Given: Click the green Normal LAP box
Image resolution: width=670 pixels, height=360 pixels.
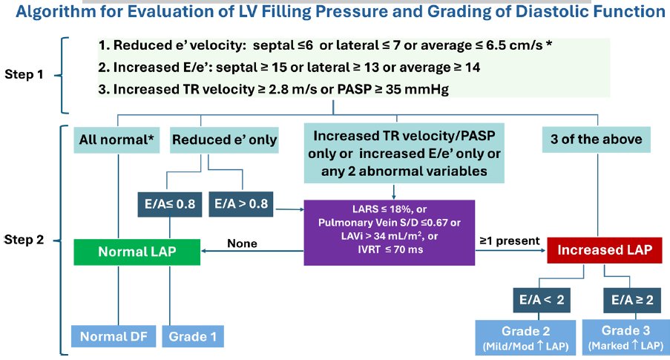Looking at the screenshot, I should [137, 252].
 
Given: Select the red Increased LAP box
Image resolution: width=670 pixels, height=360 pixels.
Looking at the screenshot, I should [603, 250].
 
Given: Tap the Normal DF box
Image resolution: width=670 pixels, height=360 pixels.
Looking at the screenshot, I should [113, 336].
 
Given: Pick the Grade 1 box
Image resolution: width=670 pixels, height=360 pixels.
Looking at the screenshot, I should [192, 336].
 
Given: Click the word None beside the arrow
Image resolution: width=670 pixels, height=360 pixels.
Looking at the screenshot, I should [242, 243].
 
